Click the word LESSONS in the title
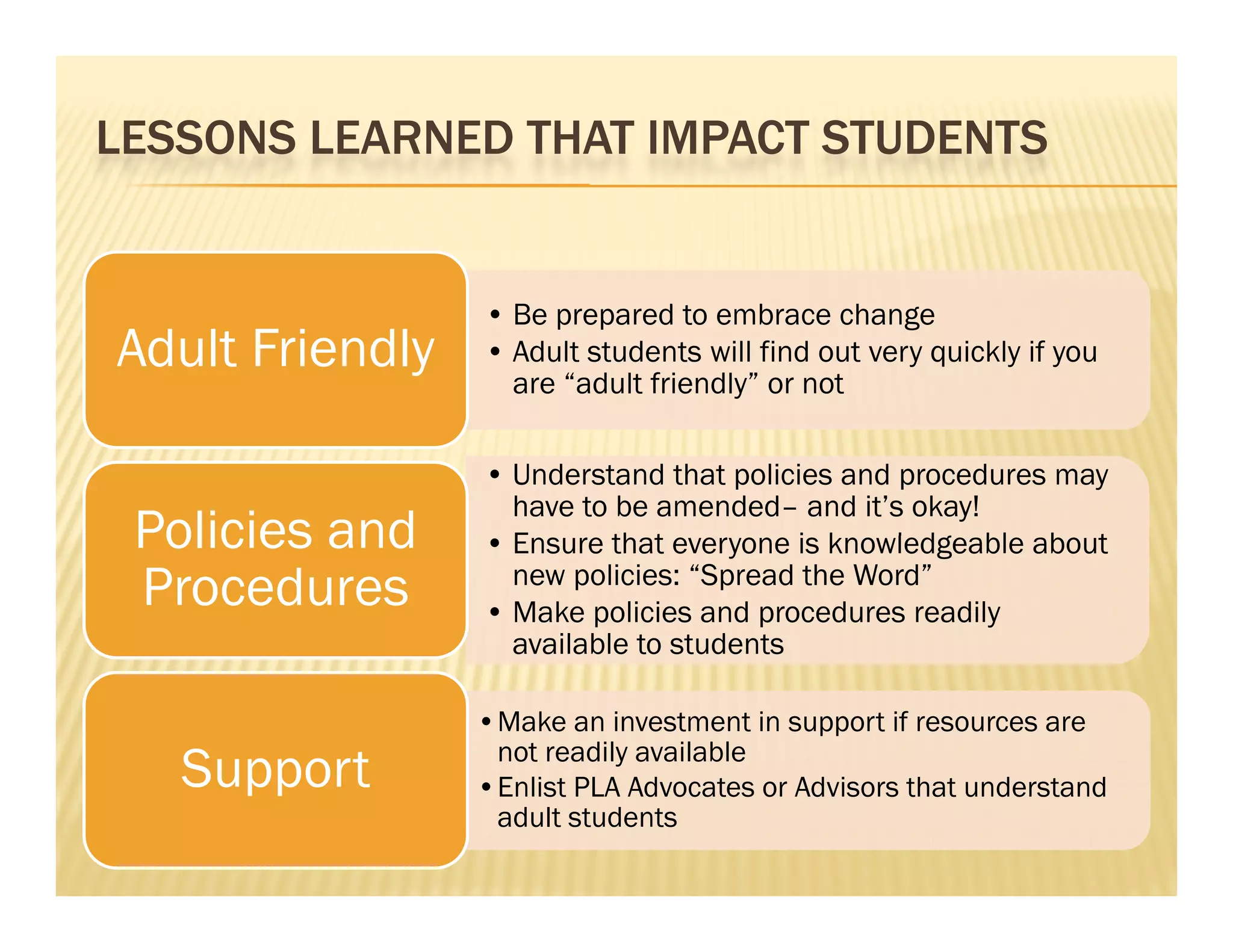click(x=196, y=138)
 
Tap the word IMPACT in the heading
click(x=729, y=138)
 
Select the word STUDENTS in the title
click(x=934, y=138)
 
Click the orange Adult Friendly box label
click(x=276, y=349)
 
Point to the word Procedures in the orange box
click(x=276, y=587)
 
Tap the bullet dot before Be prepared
click(x=495, y=315)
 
